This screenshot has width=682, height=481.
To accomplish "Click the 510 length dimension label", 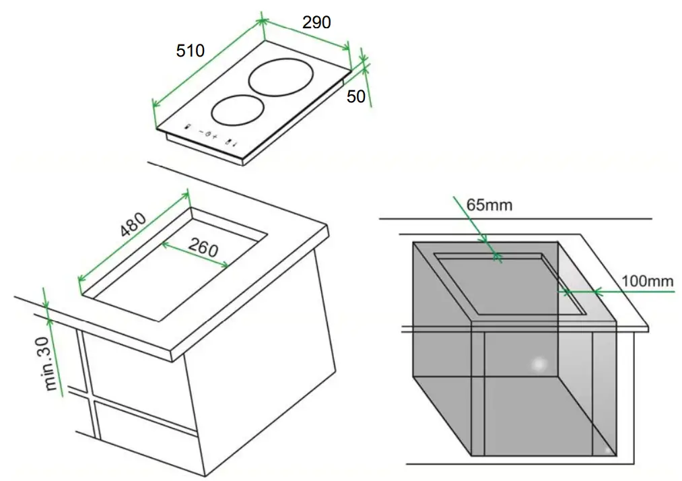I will coord(190,51).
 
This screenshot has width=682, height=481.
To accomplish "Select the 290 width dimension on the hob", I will coord(316,22).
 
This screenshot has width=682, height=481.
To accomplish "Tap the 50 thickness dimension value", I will coord(356,96).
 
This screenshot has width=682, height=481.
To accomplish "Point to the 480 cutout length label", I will coord(133,225).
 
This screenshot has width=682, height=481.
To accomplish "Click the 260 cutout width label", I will coord(203,248).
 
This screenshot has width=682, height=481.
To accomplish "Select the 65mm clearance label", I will coord(489,205).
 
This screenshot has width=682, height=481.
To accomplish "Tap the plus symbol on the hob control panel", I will coord(215,137).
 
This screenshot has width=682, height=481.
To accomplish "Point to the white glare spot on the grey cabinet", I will coord(538,364).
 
